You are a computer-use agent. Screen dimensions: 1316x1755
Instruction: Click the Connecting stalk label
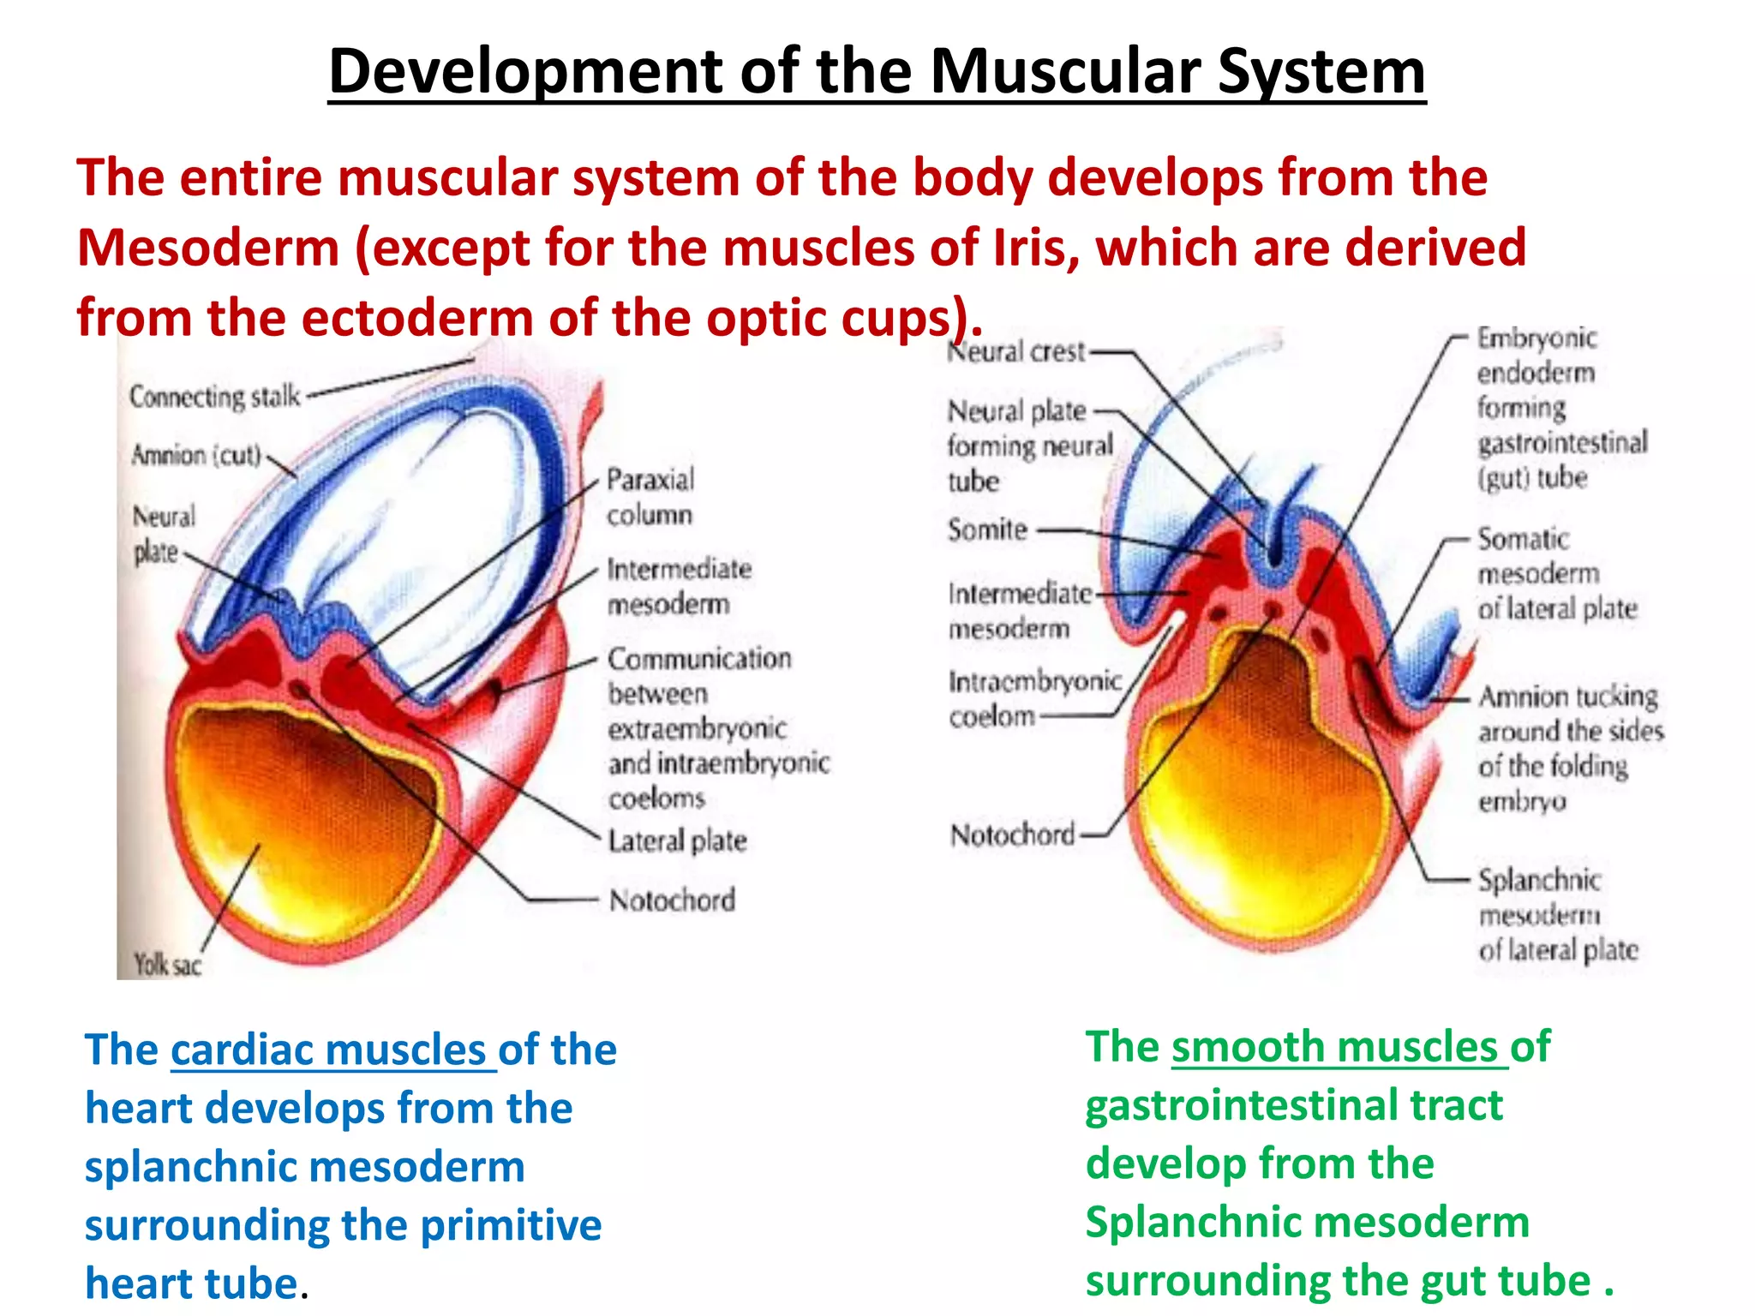click(x=215, y=397)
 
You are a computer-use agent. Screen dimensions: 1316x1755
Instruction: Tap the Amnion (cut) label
click(x=196, y=455)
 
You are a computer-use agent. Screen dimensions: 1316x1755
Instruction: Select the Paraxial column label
click(x=650, y=497)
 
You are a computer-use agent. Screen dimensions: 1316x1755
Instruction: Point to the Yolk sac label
click(x=167, y=966)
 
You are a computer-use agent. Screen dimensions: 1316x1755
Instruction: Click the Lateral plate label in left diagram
click(x=677, y=840)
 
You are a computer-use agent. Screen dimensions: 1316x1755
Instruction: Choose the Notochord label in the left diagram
click(x=672, y=900)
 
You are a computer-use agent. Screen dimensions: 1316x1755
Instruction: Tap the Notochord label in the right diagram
click(x=1012, y=834)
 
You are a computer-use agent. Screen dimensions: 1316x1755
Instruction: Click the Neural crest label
click(x=1016, y=351)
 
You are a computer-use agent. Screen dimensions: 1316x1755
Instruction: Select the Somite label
click(x=987, y=529)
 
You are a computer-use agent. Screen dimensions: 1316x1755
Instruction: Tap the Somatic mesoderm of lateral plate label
click(x=1556, y=573)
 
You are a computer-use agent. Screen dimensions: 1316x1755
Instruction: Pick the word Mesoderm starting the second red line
click(x=208, y=248)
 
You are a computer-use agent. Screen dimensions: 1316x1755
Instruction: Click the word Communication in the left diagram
click(x=699, y=658)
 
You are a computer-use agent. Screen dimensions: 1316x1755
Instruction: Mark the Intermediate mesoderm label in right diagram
click(x=1019, y=610)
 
